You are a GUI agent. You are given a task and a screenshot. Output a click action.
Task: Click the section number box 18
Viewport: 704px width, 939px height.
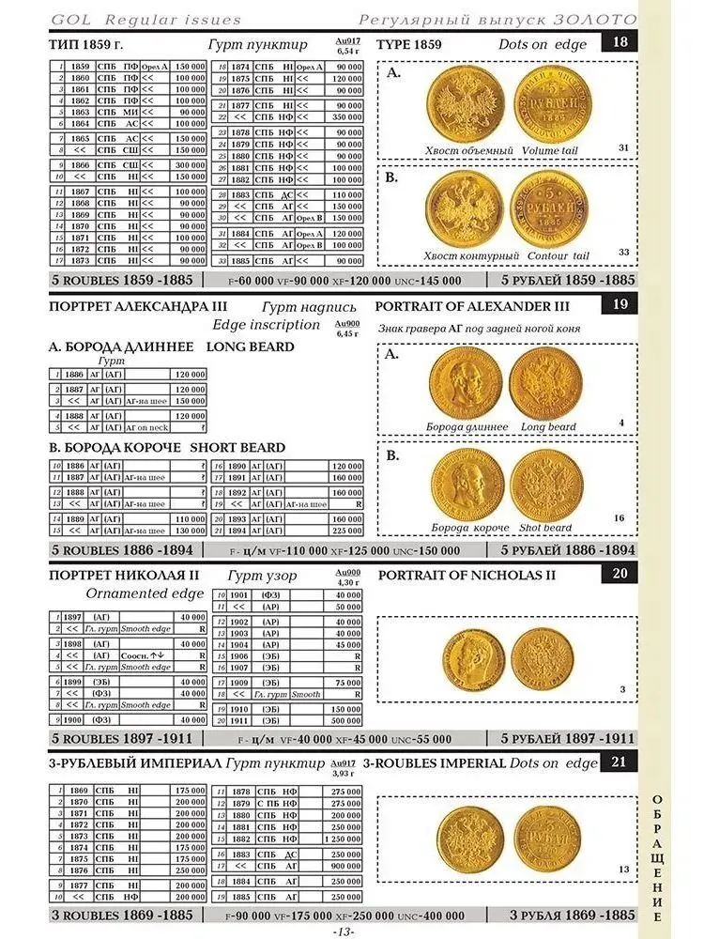(x=620, y=42)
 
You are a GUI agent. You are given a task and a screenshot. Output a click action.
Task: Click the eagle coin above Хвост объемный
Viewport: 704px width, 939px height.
(x=462, y=104)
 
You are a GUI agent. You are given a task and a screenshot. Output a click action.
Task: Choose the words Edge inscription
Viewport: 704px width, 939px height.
(x=267, y=324)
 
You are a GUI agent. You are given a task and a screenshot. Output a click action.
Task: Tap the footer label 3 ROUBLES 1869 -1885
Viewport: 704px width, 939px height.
(x=122, y=915)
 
